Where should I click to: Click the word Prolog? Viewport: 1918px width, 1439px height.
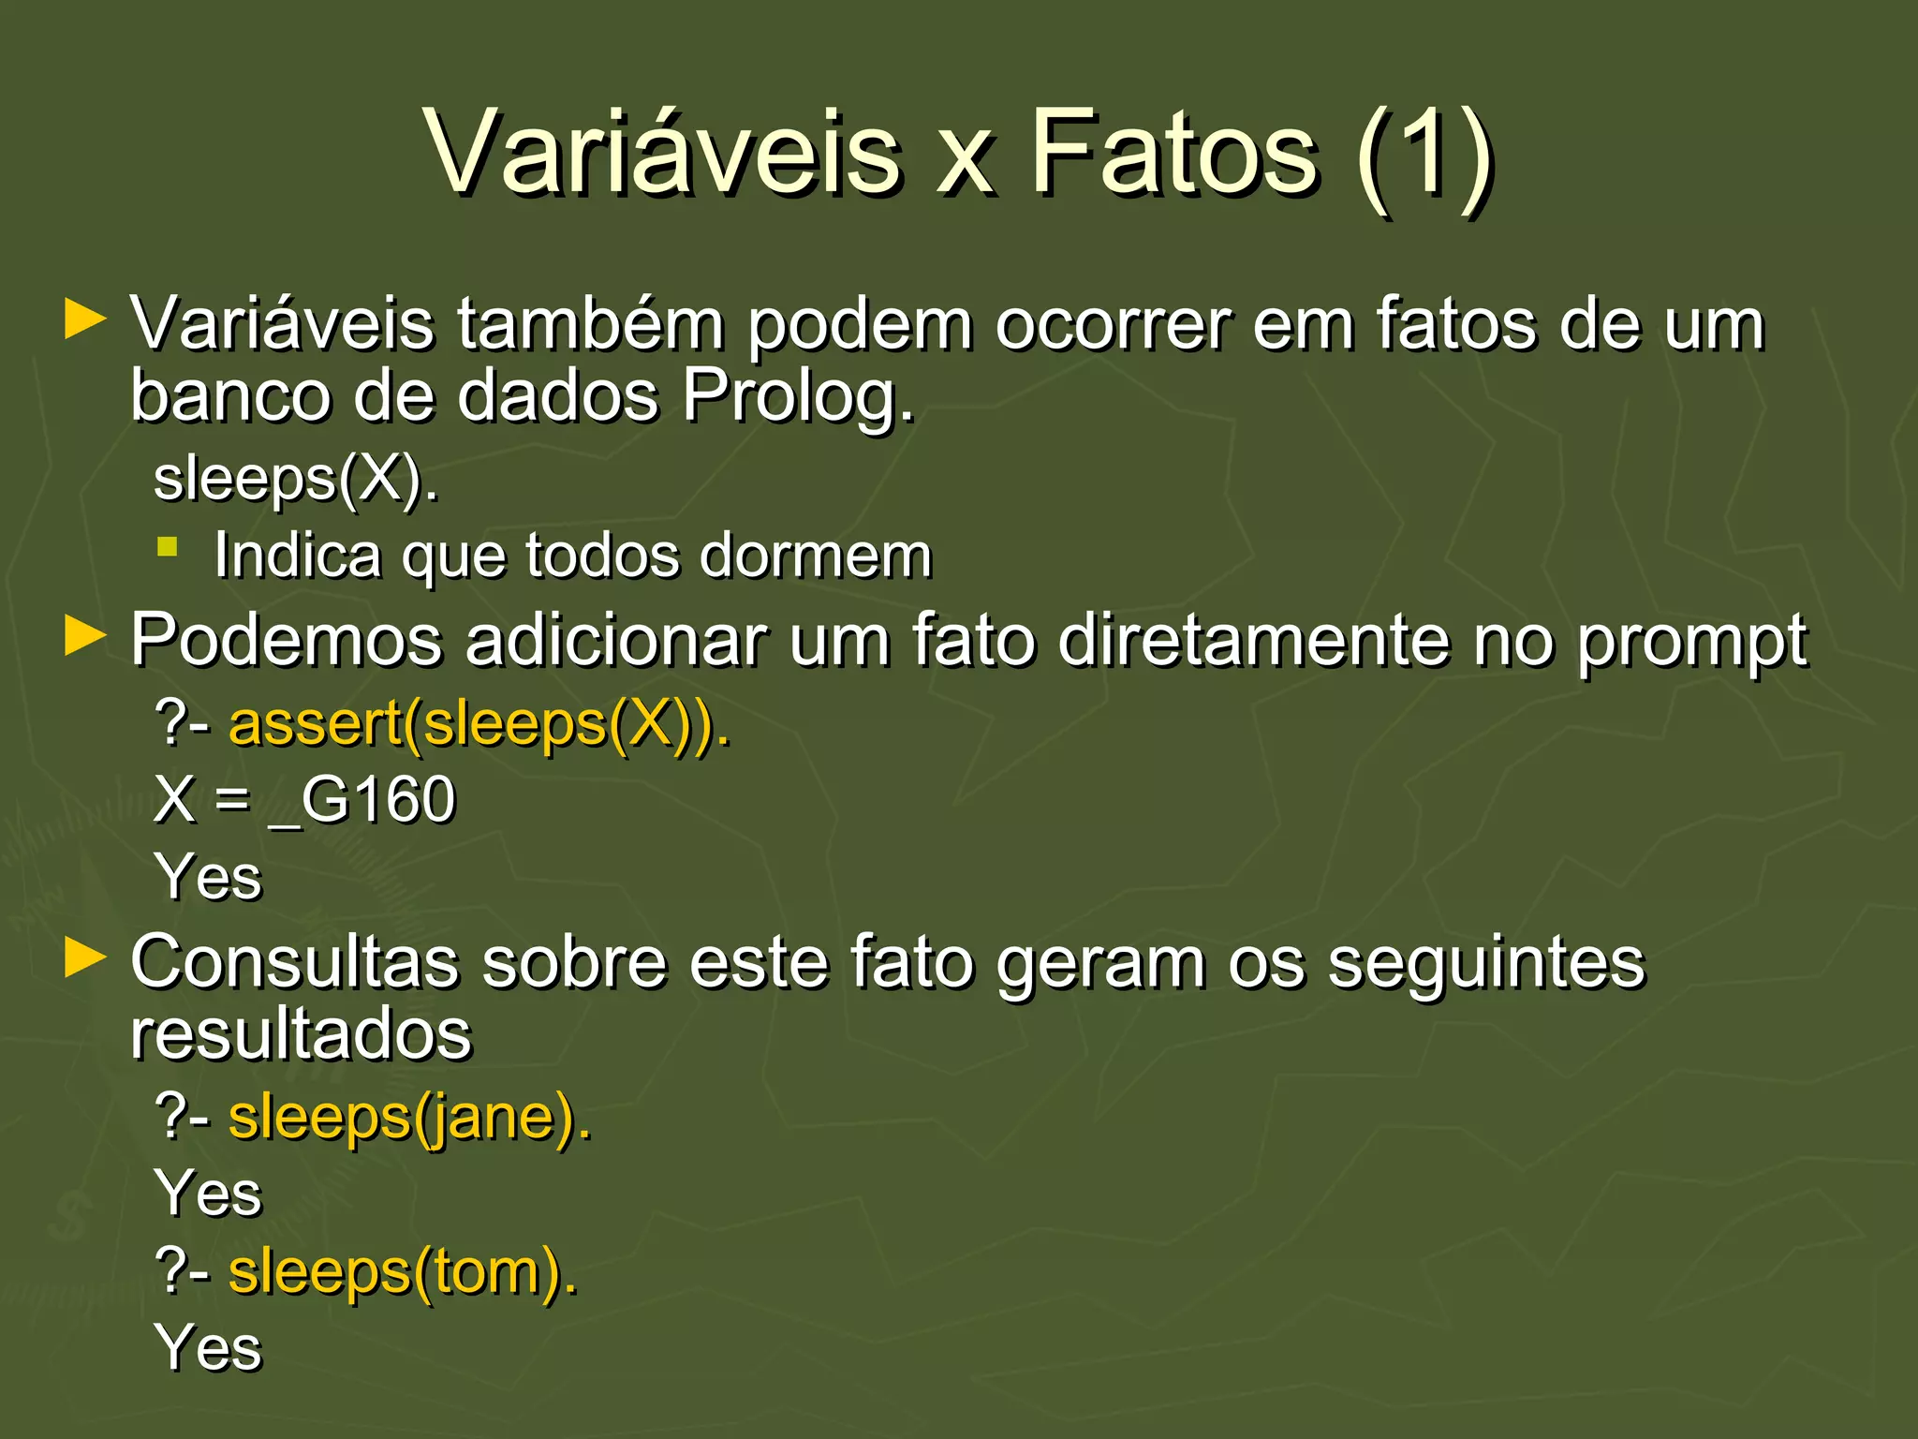[797, 397]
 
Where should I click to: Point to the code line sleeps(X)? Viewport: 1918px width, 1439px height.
[296, 479]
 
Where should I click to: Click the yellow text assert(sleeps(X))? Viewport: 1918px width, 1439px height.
[479, 724]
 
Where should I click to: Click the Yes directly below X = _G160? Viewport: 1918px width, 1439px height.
[210, 877]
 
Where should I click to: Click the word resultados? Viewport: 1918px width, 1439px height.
[302, 1035]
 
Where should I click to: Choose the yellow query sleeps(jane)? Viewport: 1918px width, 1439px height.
[410, 1117]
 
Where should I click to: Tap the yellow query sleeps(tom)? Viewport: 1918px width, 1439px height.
[403, 1272]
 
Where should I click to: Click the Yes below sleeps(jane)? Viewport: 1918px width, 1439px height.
[210, 1194]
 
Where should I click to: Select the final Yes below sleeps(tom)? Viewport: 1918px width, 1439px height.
[210, 1347]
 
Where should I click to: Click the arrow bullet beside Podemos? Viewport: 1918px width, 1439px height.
[85, 637]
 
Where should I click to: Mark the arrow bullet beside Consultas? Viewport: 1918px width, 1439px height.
[85, 958]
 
